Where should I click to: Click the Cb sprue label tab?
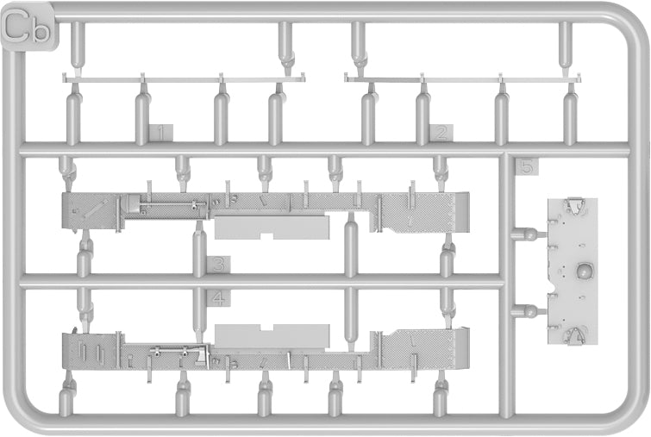click(28, 27)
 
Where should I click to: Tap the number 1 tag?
click(161, 134)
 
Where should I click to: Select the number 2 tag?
click(441, 134)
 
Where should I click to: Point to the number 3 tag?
click(219, 264)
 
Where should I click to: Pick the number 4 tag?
click(219, 298)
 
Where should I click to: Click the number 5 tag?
click(526, 168)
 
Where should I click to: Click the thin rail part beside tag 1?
click(184, 78)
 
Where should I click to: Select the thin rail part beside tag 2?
click(462, 78)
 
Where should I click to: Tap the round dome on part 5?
click(584, 272)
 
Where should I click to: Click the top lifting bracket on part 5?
click(573, 205)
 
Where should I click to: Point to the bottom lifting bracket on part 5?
click(573, 335)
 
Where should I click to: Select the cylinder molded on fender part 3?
click(133, 205)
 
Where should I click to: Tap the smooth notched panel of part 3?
click(272, 228)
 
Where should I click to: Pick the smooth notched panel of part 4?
click(272, 336)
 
